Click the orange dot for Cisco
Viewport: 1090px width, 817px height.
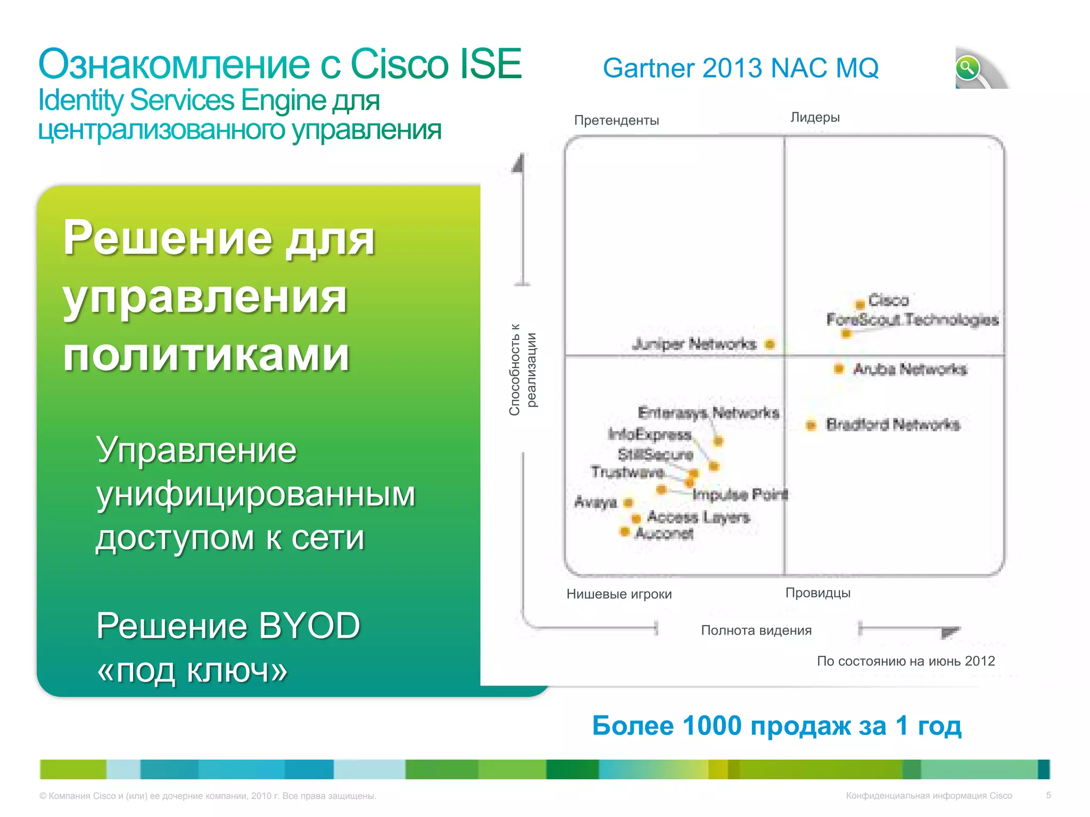point(860,305)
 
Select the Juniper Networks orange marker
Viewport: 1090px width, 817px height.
point(770,344)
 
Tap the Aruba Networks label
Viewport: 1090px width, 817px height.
point(910,369)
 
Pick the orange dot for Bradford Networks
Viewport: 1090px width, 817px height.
point(811,425)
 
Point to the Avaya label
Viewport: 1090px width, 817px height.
point(596,503)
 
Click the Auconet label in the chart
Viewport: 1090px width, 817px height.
point(664,533)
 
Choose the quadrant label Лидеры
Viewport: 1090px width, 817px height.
point(815,118)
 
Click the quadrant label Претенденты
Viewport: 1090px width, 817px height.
point(616,120)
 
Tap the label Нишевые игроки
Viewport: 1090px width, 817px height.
point(619,594)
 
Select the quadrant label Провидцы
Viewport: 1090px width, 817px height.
point(817,593)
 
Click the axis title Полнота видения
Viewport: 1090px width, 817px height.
point(756,630)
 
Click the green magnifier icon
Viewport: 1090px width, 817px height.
point(967,68)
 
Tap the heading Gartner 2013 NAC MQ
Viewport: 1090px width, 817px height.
point(740,69)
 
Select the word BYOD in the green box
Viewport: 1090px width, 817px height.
point(309,626)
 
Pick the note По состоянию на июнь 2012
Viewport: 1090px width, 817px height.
point(905,661)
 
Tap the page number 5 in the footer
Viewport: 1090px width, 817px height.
point(1048,795)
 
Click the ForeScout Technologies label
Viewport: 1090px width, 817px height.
point(912,320)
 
